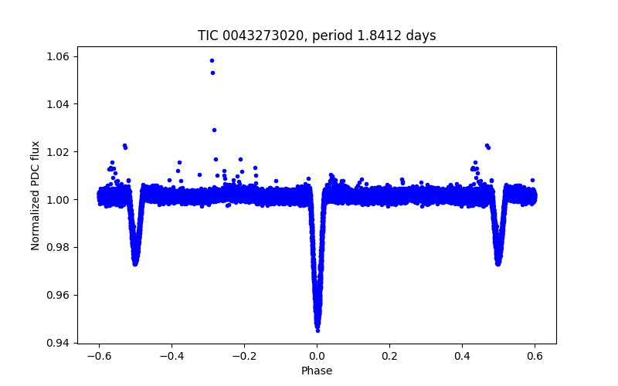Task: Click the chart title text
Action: [317, 36]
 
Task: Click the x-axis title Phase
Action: [317, 371]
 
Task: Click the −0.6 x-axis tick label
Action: [98, 356]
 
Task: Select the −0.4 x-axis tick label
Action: [171, 356]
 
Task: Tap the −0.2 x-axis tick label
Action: [243, 356]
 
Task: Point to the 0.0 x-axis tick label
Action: [317, 356]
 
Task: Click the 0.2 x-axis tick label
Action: [389, 356]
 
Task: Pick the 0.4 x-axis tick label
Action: [462, 356]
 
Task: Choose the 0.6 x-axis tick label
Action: [535, 356]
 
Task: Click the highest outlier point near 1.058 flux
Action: [212, 60]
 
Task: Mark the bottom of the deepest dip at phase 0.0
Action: [317, 330]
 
